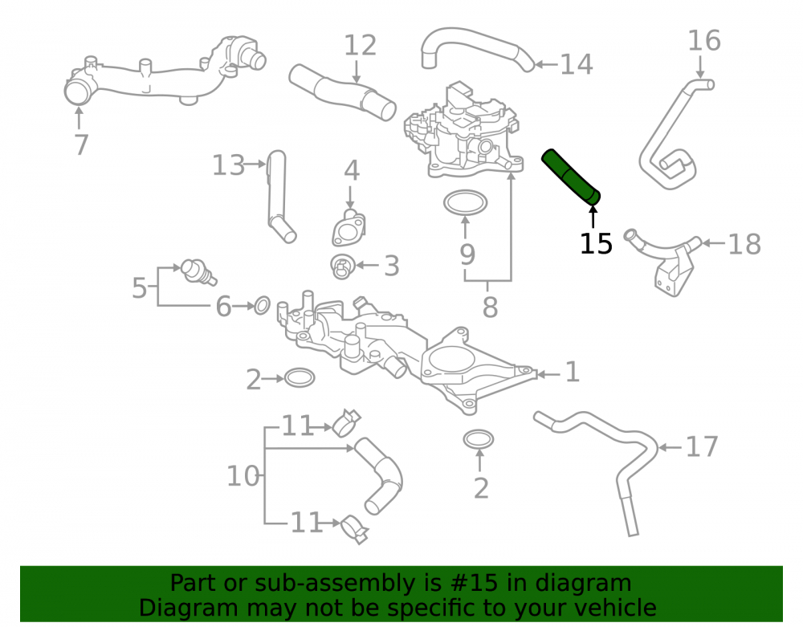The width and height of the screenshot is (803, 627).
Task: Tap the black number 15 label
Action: pyautogui.click(x=596, y=243)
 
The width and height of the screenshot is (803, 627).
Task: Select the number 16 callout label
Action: pyautogui.click(x=704, y=40)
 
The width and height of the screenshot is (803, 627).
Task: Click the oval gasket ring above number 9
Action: pyautogui.click(x=465, y=203)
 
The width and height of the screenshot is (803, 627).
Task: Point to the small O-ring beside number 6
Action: pyautogui.click(x=263, y=305)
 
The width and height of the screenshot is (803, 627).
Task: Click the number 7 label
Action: pyautogui.click(x=81, y=145)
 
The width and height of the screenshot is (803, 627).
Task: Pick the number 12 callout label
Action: pyautogui.click(x=360, y=45)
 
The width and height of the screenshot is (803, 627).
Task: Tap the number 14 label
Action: pyautogui.click(x=577, y=64)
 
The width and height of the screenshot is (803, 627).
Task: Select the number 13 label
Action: pyautogui.click(x=228, y=165)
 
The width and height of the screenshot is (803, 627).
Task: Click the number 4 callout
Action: pyautogui.click(x=352, y=170)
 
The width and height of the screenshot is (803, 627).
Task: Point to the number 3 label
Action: pyautogui.click(x=392, y=267)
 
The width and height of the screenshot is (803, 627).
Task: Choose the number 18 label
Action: pyautogui.click(x=744, y=244)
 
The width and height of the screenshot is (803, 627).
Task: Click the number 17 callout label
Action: pyautogui.click(x=702, y=447)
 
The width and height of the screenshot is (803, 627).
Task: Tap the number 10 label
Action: pyautogui.click(x=243, y=476)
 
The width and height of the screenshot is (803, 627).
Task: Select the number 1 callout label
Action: pyautogui.click(x=573, y=372)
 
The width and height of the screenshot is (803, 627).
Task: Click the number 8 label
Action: pyautogui.click(x=490, y=307)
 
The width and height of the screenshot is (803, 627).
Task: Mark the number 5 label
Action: pyautogui.click(x=139, y=288)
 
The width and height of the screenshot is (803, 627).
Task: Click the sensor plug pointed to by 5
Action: pyautogui.click(x=198, y=271)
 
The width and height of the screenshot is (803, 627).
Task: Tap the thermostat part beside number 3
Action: pyautogui.click(x=342, y=267)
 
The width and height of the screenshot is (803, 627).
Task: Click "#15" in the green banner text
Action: pyautogui.click(x=475, y=583)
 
